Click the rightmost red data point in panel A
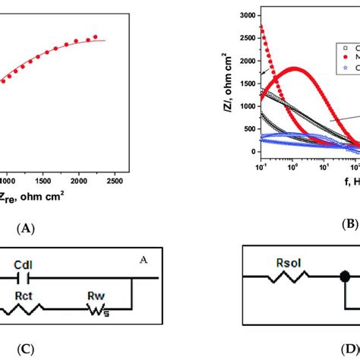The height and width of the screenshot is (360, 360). (x=96, y=36)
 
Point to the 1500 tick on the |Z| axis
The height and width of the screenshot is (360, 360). (x=245, y=83)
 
